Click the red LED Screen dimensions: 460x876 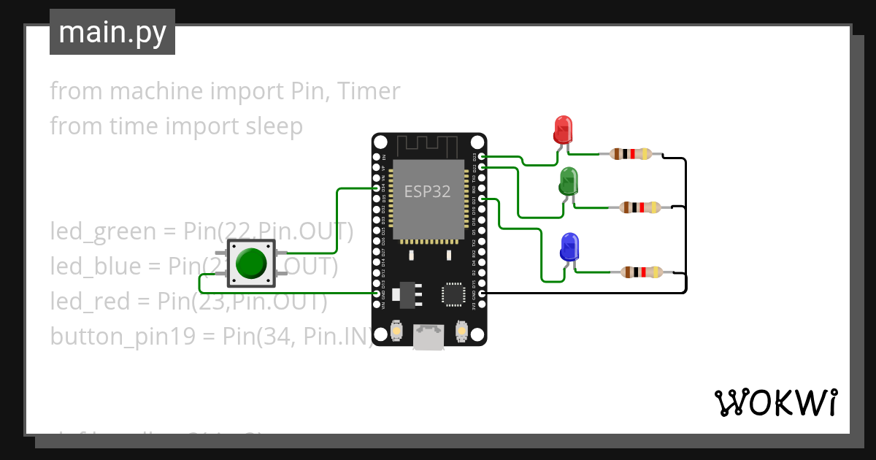pos(562,130)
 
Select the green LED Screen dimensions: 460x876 pos(569,181)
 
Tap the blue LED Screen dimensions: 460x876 pos(569,247)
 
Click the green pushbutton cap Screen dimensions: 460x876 pos(251,263)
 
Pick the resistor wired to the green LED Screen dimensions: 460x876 pos(640,207)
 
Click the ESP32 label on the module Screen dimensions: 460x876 pos(427,191)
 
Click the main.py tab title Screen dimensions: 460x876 pos(112,32)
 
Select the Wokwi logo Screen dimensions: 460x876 pos(775,402)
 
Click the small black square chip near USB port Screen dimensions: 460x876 pos(453,294)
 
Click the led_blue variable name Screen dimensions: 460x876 pos(95,267)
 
